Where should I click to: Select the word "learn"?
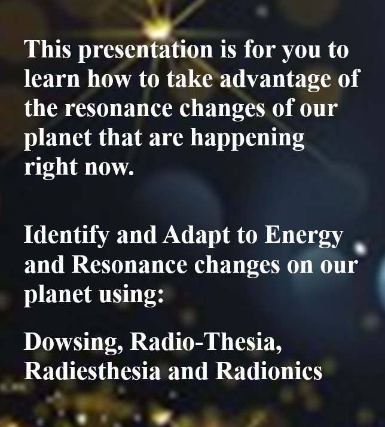(52, 78)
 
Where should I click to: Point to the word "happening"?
(247, 138)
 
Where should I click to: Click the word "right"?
(51, 167)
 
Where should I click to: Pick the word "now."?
(109, 167)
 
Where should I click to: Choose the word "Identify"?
(67, 236)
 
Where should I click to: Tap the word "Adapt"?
(196, 236)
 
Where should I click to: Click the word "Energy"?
(303, 236)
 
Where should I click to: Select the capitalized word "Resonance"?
(129, 265)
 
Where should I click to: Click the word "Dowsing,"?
(74, 343)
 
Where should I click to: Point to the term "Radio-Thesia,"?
(206, 341)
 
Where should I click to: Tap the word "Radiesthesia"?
(92, 371)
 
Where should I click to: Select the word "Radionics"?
(269, 371)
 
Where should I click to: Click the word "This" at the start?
(48, 49)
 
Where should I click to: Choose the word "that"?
(120, 137)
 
